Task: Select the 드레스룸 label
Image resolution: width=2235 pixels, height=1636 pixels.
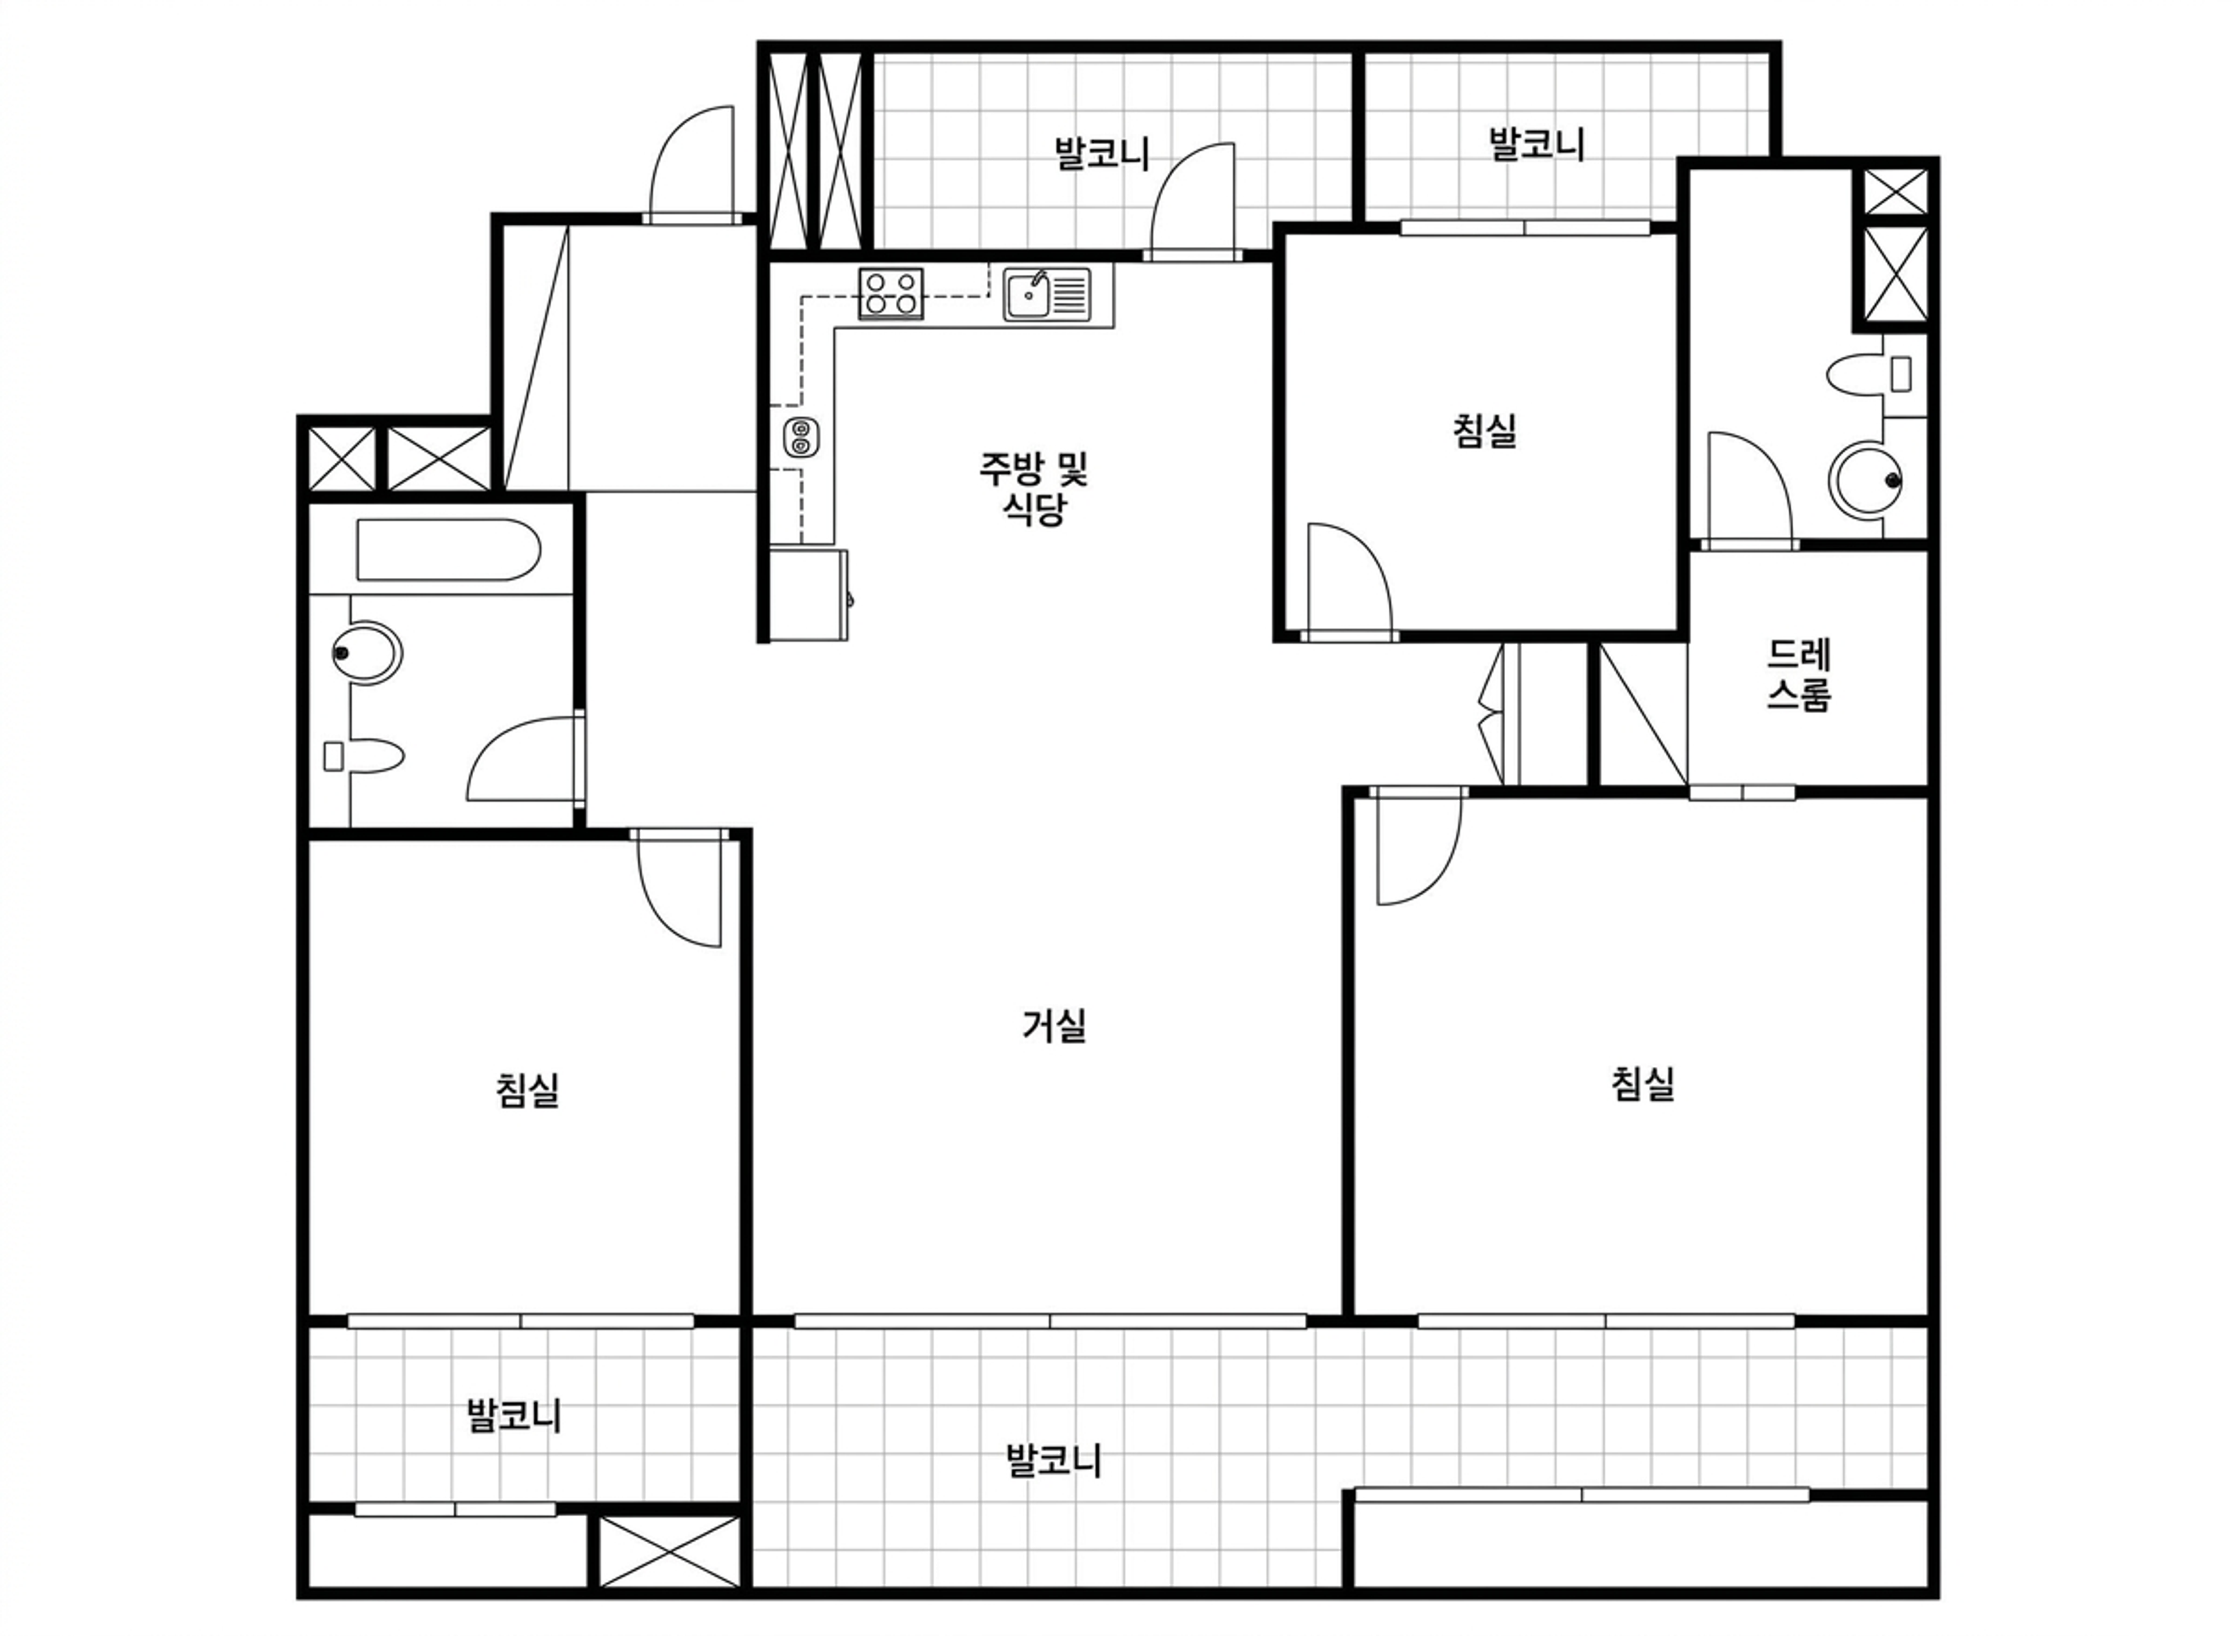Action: (1799, 675)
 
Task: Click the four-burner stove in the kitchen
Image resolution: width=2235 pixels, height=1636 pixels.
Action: (891, 293)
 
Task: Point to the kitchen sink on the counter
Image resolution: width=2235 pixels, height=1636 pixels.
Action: (1046, 294)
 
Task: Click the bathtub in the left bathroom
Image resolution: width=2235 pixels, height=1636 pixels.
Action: (449, 549)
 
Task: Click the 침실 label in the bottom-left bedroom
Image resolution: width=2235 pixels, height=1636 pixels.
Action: (528, 1090)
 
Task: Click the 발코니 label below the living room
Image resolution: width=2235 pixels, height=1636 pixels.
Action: (1053, 1461)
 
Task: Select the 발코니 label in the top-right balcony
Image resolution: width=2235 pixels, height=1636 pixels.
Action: (1537, 144)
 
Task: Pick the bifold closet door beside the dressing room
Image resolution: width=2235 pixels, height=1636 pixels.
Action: (1491, 713)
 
